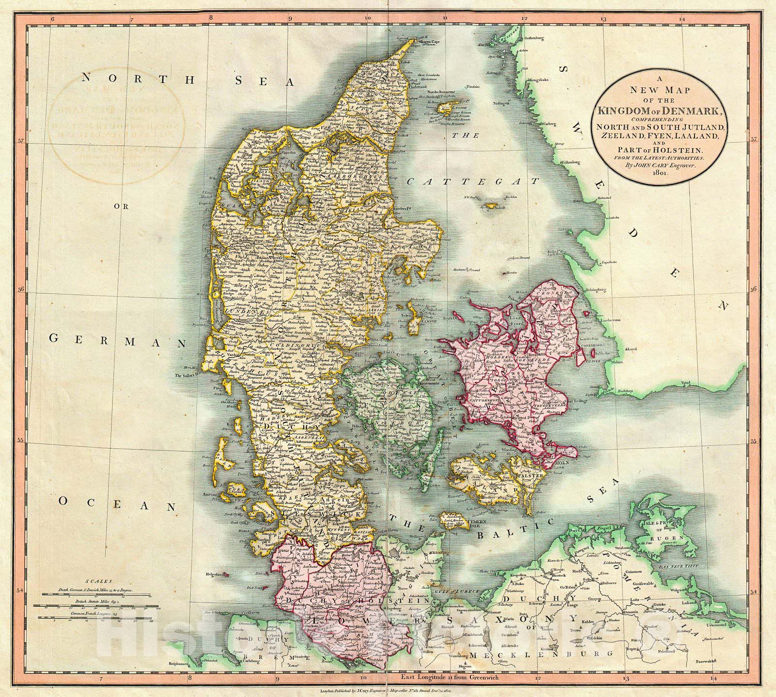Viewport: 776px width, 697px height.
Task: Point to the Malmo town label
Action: point(603,362)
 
